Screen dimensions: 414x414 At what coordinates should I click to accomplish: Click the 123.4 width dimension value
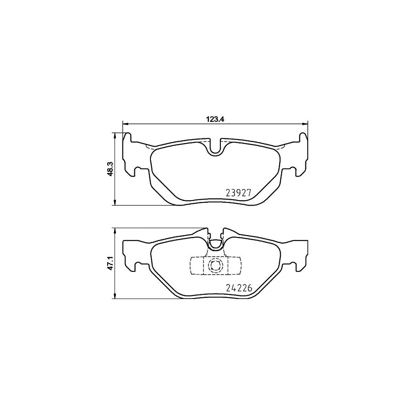tap(215, 118)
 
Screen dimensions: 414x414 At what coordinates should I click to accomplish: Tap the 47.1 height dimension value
tap(109, 263)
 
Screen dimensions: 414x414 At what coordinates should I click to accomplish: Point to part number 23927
tap(238, 193)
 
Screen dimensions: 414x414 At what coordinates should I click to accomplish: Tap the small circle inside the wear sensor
tap(215, 265)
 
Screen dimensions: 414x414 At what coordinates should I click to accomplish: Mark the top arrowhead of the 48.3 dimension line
tap(114, 135)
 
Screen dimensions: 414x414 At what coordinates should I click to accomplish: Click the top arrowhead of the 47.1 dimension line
tap(114, 230)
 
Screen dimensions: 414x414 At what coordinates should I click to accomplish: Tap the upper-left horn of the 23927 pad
tap(128, 138)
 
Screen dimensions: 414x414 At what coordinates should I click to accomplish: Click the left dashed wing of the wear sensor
tap(196, 265)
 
